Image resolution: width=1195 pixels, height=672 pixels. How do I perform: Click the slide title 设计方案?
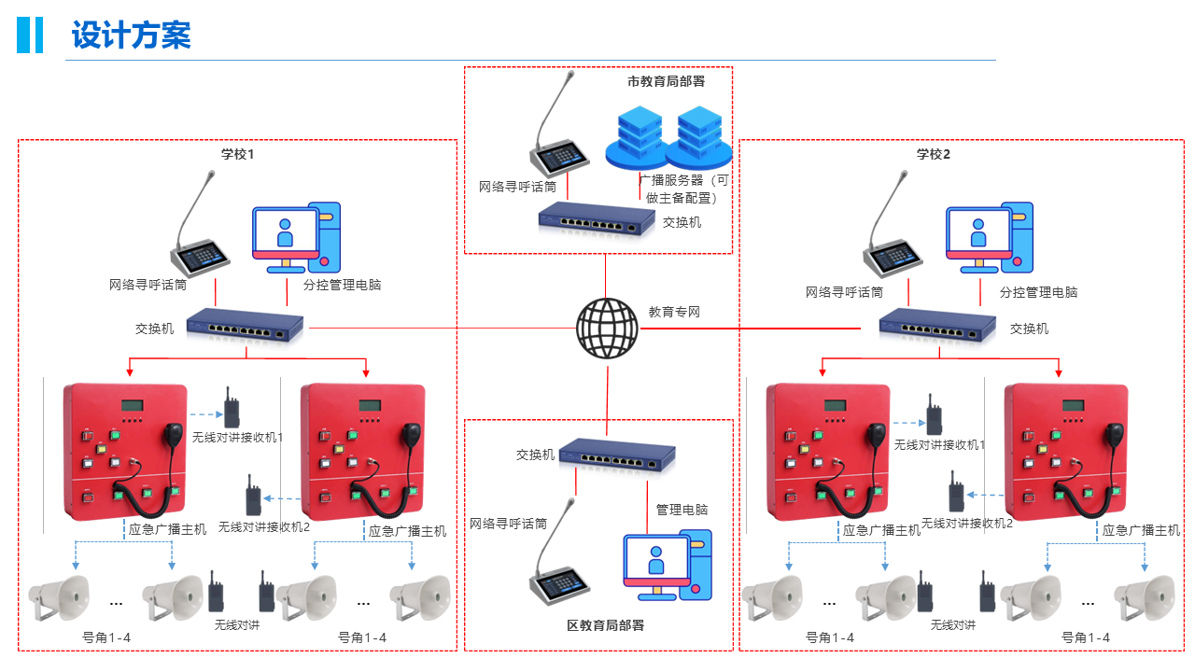[131, 35]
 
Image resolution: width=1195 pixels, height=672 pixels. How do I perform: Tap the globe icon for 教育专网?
[607, 329]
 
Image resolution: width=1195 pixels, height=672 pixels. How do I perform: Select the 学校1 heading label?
[237, 154]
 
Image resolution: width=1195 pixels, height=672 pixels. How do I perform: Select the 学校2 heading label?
[933, 154]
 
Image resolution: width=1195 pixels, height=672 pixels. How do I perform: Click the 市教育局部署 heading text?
[666, 81]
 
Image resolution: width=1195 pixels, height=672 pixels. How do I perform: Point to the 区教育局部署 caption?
[605, 625]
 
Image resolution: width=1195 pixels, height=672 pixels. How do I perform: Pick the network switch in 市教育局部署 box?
[597, 220]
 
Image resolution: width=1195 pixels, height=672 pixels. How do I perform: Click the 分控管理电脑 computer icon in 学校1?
[296, 238]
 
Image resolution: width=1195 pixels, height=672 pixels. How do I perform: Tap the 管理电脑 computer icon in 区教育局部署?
[667, 564]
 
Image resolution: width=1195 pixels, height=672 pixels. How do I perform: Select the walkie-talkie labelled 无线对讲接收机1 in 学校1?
[231, 409]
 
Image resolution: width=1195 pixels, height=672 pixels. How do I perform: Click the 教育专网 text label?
[674, 312]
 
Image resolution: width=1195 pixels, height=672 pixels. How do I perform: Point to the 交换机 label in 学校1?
[154, 329]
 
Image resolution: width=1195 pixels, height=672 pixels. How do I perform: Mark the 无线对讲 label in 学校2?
[952, 625]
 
